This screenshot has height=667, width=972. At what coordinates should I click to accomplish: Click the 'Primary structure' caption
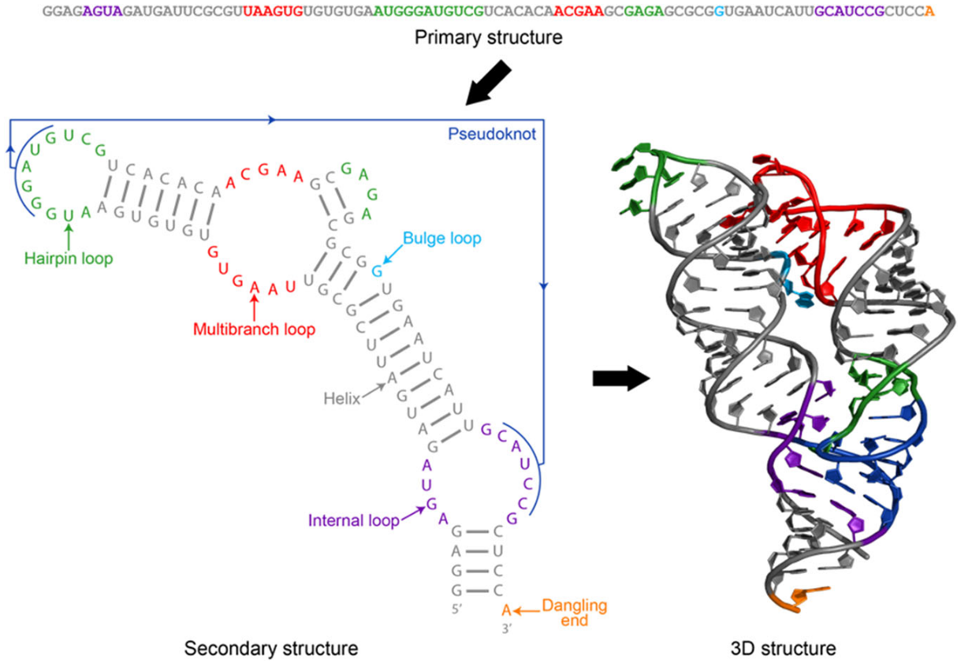click(x=489, y=37)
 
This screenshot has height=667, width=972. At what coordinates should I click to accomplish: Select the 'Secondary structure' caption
click(x=271, y=648)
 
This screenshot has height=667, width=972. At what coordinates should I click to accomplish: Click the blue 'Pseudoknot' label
click(x=492, y=134)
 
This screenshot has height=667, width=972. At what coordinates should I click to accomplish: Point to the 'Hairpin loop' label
click(x=68, y=258)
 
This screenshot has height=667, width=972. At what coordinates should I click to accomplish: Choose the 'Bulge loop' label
click(x=441, y=237)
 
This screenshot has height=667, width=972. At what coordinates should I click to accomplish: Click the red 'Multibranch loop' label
click(x=255, y=329)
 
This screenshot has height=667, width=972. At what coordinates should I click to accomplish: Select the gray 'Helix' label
click(x=341, y=399)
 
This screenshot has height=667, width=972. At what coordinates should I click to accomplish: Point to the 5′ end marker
click(x=456, y=609)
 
